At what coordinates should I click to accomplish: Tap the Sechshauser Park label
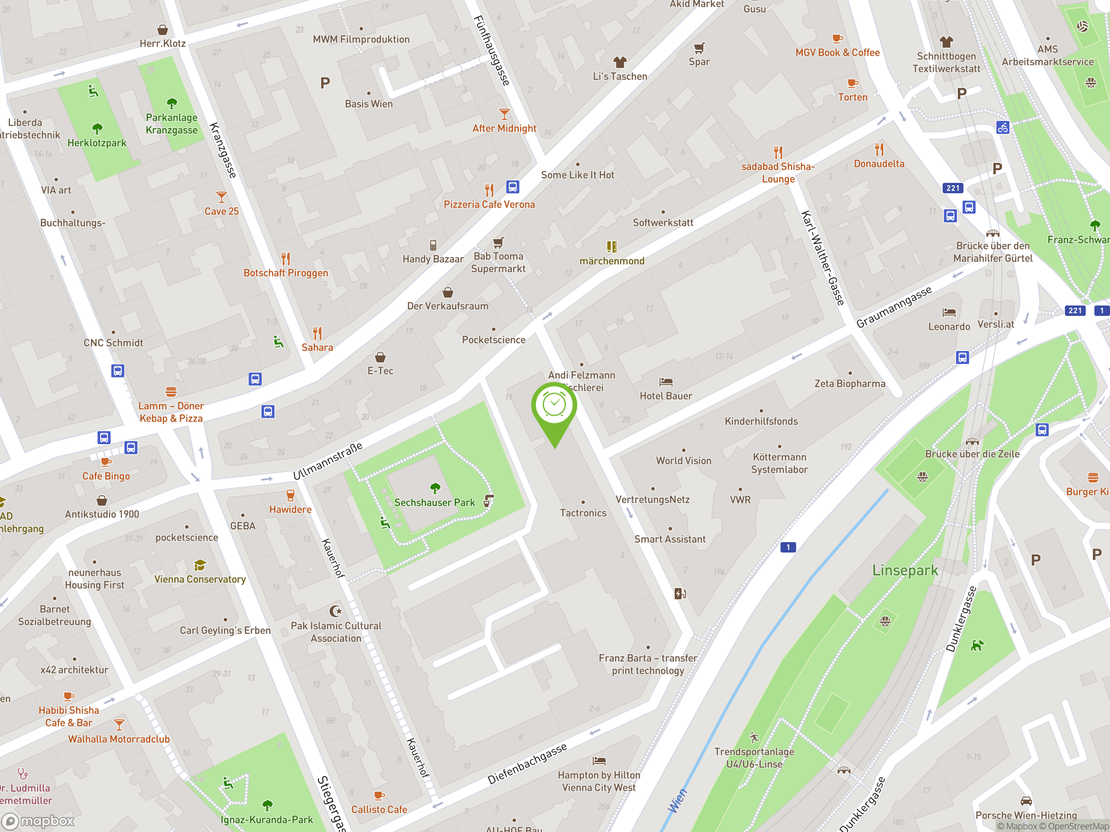click(434, 503)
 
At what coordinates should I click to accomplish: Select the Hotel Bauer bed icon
click(666, 382)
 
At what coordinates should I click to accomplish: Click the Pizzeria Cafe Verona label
click(489, 205)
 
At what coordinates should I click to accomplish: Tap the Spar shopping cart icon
click(699, 48)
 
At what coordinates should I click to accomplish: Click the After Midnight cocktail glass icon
click(504, 114)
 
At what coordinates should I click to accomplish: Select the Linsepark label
click(905, 570)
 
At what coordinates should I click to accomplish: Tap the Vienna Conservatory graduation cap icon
click(200, 565)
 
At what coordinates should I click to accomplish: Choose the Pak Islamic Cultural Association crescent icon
click(335, 611)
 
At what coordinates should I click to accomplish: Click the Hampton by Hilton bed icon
click(599, 761)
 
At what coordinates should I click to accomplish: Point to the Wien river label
click(677, 801)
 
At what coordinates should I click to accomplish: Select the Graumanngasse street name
click(894, 307)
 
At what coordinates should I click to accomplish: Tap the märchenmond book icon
click(611, 247)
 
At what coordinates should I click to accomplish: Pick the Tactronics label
click(583, 513)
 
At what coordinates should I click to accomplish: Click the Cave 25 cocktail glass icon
click(221, 197)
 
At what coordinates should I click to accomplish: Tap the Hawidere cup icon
click(290, 495)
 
